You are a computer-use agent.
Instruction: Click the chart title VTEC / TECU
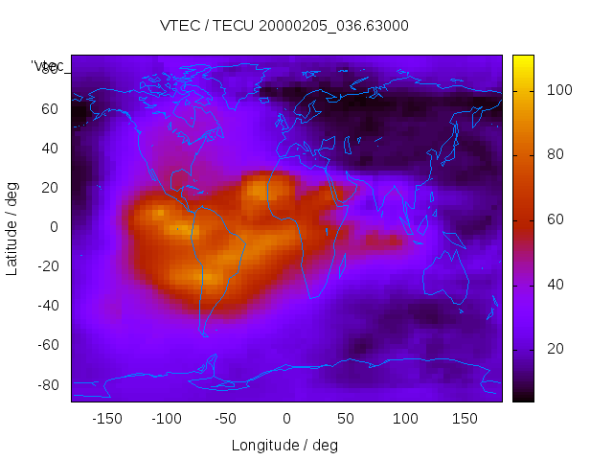[284, 26]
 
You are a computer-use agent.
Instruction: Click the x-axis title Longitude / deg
[284, 445]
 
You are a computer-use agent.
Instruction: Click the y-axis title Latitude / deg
[12, 227]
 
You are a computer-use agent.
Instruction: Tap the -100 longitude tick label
[166, 419]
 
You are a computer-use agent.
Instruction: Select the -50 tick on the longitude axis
[226, 419]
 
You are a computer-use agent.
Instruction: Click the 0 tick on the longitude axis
[286, 419]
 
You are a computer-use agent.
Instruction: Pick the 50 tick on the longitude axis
[346, 419]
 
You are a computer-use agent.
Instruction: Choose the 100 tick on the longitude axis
[405, 419]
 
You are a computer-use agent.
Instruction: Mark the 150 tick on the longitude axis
[465, 419]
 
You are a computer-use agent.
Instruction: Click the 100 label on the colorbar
[559, 90]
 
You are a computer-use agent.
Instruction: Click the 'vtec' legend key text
[47, 66]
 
